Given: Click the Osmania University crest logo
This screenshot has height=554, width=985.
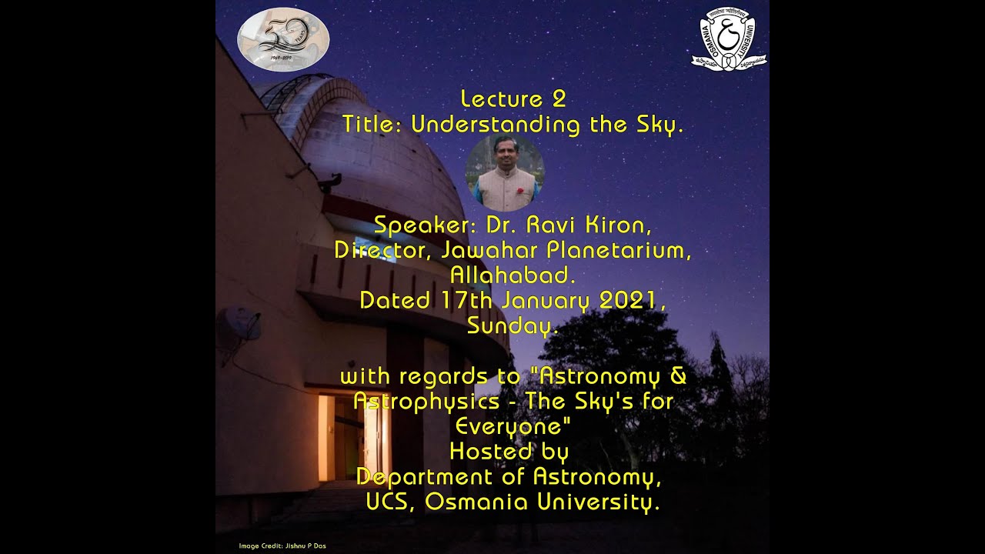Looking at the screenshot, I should (x=728, y=40).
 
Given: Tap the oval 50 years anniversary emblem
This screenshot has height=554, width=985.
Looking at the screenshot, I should (x=283, y=39).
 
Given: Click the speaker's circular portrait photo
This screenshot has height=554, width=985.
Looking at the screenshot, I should (x=505, y=174).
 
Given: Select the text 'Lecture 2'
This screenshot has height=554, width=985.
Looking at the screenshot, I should (x=513, y=99).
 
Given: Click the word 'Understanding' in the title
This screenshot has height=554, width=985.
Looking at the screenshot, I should (x=496, y=125).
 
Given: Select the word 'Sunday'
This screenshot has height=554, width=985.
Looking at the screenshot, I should (x=510, y=325).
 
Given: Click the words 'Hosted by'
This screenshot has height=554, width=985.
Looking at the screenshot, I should (x=509, y=451).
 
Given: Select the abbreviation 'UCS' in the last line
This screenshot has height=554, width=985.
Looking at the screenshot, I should (x=391, y=502).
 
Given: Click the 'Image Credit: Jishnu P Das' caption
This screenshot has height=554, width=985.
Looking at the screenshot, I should (x=282, y=546).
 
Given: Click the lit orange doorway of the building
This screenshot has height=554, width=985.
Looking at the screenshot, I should (x=327, y=437).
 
